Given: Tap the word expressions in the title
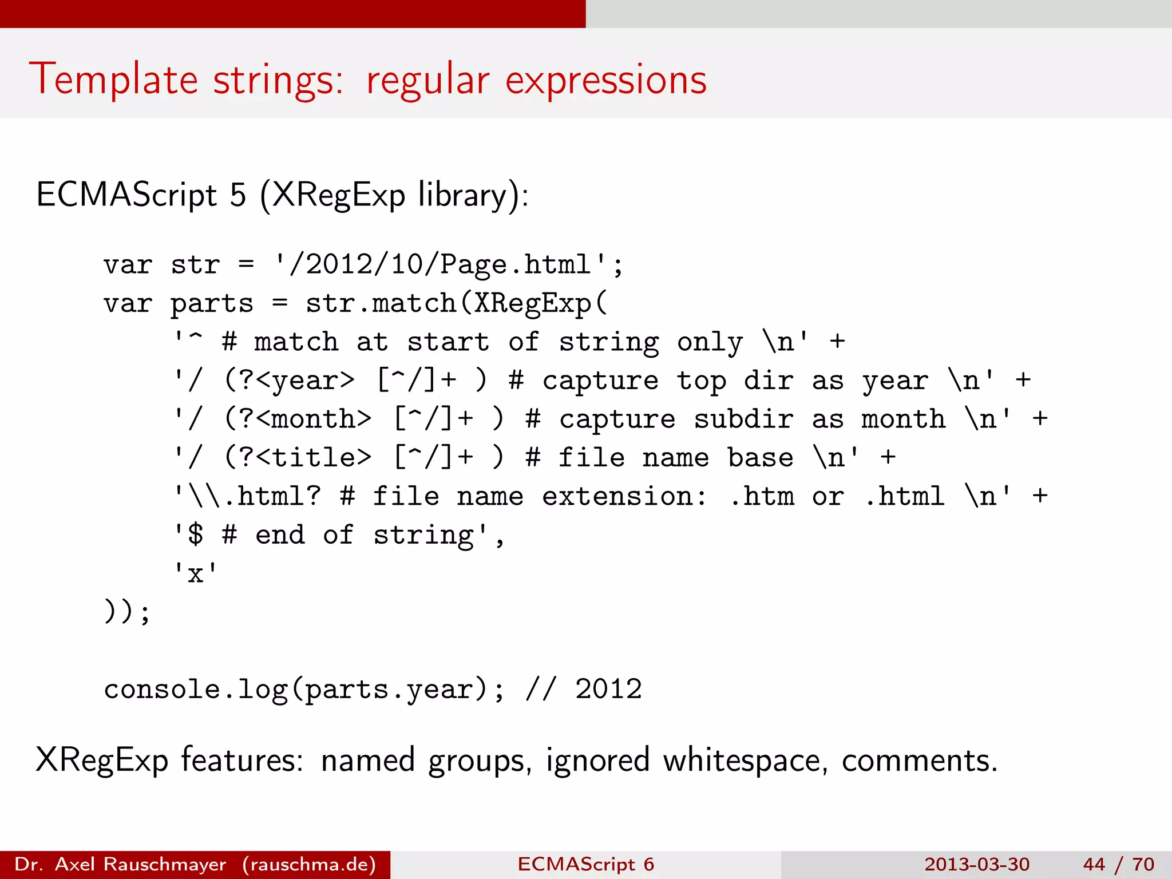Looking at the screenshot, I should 606,80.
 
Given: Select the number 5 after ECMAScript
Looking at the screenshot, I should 238,195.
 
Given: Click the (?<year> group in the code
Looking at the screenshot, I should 290,381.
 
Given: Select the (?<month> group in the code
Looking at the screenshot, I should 298,419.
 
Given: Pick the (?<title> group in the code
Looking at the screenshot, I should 298,458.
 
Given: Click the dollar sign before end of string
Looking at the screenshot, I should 196,535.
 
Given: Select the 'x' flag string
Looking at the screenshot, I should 196,573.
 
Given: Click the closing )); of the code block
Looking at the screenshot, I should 127,612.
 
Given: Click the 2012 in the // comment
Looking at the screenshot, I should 608,690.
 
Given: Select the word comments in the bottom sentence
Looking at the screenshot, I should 919,761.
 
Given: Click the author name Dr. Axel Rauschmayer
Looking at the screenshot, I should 120,864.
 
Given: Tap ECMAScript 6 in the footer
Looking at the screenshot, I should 585,864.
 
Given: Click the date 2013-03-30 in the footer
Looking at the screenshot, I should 976,864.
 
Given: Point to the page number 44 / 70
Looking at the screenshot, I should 1118,864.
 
